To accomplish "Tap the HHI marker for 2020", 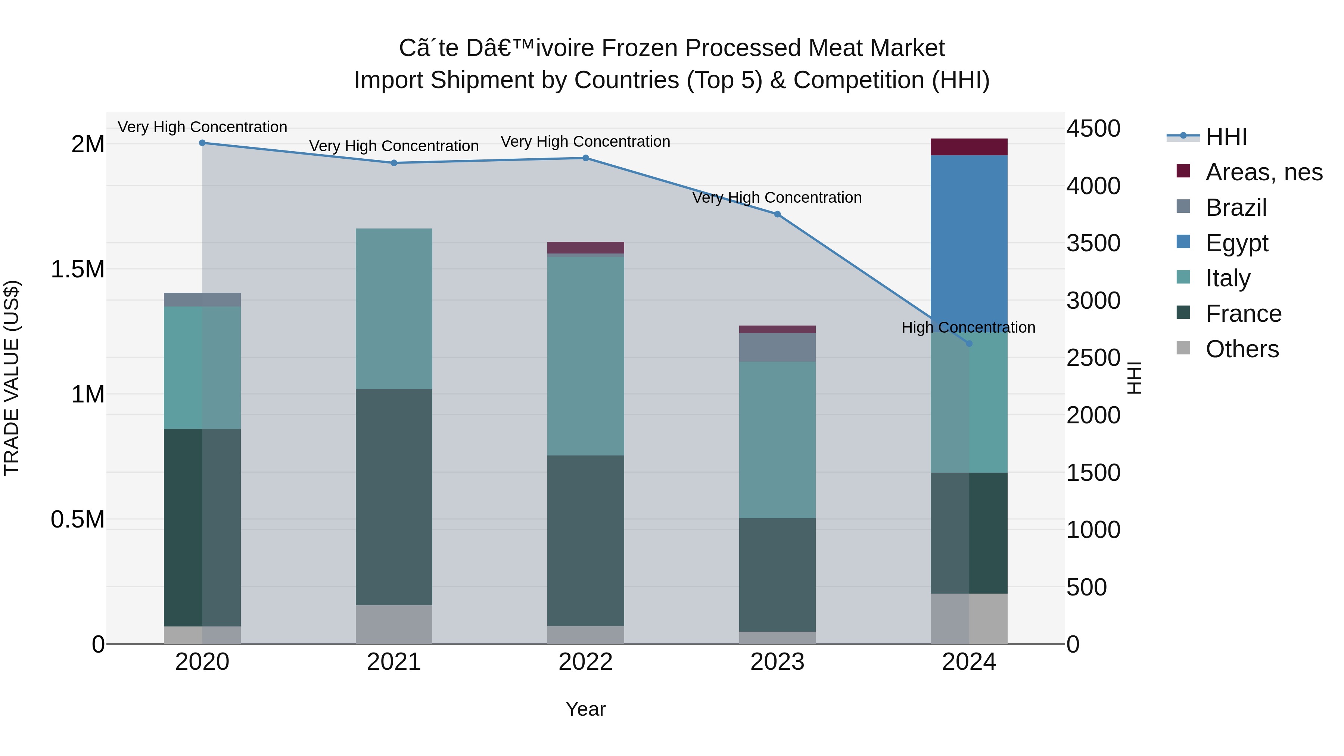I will click(x=202, y=143).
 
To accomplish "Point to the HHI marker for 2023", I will click(x=777, y=214).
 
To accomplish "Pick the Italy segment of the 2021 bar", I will click(x=394, y=308).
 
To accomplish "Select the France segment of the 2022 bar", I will click(x=585, y=540).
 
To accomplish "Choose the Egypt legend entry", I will click(x=1236, y=243).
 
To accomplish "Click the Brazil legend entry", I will click(x=1235, y=208).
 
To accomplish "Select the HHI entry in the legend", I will click(x=1226, y=137).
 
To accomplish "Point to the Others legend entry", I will click(x=1242, y=349).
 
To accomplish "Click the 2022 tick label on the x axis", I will click(x=585, y=662).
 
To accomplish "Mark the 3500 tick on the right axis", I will click(x=1093, y=243).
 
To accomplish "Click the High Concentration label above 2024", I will click(x=968, y=328).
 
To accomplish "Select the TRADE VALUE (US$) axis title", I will click(x=12, y=378).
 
